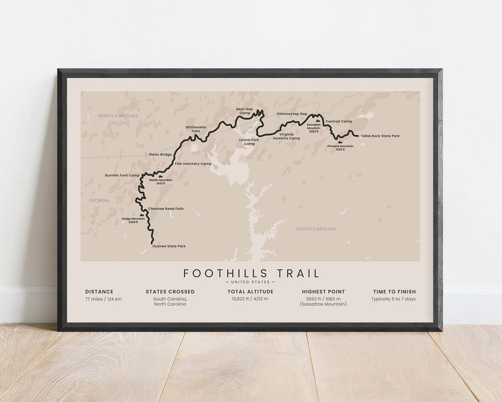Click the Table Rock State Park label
380,136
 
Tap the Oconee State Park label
169,246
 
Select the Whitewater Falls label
192,129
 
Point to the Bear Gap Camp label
245,111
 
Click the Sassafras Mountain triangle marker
318,121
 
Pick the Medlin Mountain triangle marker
160,177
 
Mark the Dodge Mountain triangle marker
141,215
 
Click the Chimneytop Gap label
292,114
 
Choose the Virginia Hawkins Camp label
286,136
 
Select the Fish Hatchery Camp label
193,164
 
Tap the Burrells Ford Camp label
122,175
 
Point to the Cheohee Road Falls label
166,209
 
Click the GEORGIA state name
99,200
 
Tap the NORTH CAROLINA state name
118,116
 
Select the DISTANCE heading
99,292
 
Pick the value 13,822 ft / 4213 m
250,299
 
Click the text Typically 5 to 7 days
393,299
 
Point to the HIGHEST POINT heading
323,292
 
